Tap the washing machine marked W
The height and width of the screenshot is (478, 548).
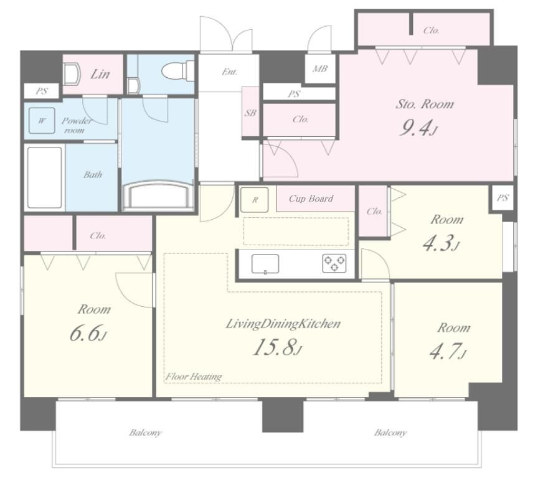(42, 121)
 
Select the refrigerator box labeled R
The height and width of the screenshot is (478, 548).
(255, 200)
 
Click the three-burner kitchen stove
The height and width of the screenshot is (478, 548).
(334, 263)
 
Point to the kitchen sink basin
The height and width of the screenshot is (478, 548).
(265, 264)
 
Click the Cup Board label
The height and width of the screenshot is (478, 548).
(311, 199)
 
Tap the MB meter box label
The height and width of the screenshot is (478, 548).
(320, 68)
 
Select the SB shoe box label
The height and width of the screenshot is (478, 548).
(250, 113)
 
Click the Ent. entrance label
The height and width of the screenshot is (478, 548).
(230, 72)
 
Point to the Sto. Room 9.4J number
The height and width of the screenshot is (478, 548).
(418, 129)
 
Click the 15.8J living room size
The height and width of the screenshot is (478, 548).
(277, 347)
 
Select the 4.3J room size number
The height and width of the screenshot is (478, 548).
(440, 243)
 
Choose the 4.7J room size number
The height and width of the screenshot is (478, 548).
(447, 351)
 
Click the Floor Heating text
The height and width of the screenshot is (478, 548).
(194, 377)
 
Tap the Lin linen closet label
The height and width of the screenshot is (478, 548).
(100, 74)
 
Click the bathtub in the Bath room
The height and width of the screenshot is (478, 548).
(45, 177)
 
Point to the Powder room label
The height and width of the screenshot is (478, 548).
(76, 126)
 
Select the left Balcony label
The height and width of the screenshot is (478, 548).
(145, 433)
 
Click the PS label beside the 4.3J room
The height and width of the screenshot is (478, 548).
(502, 198)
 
